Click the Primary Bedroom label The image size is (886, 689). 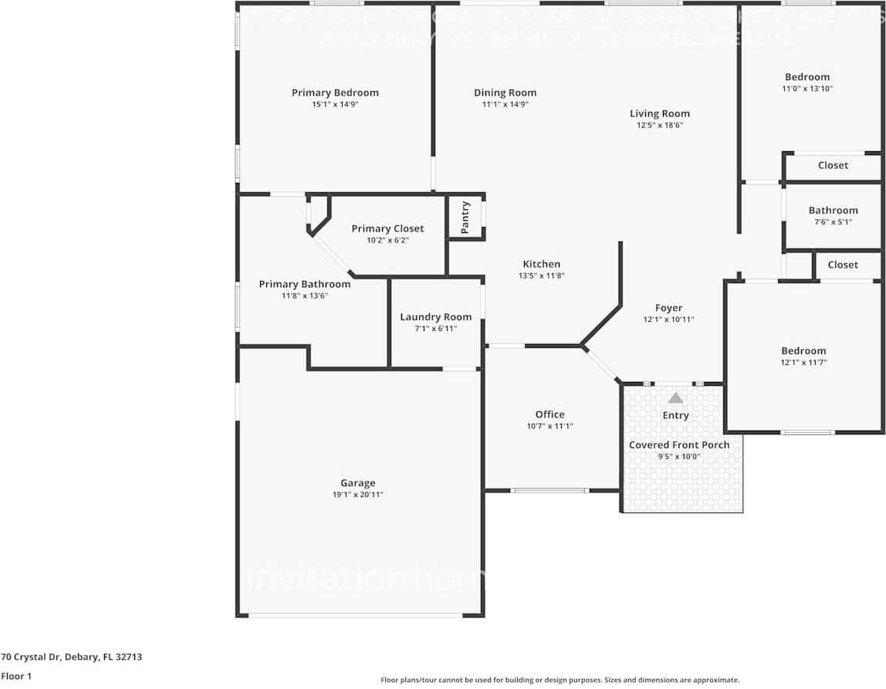(x=335, y=93)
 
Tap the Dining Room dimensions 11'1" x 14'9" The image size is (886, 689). (x=505, y=104)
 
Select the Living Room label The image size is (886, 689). (x=659, y=113)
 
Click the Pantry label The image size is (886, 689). (x=465, y=218)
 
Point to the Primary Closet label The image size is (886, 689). (x=387, y=228)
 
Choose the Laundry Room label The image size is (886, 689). (x=435, y=317)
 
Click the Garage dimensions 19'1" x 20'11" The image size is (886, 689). (x=357, y=495)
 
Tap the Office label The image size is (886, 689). (x=550, y=414)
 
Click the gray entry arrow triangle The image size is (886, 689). (x=675, y=398)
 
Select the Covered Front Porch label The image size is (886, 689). (x=679, y=445)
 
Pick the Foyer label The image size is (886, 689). (x=668, y=308)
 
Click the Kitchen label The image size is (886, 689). (x=541, y=264)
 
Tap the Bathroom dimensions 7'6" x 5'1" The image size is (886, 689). (x=833, y=222)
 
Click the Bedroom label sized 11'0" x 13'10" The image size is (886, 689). (x=807, y=77)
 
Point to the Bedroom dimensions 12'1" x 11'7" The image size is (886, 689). (x=803, y=362)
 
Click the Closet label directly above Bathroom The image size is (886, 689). (x=833, y=165)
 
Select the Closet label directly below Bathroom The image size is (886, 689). (x=842, y=265)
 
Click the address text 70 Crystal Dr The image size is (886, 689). (x=71, y=657)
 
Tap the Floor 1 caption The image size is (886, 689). (x=15, y=676)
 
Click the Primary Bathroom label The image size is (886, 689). (x=304, y=284)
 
